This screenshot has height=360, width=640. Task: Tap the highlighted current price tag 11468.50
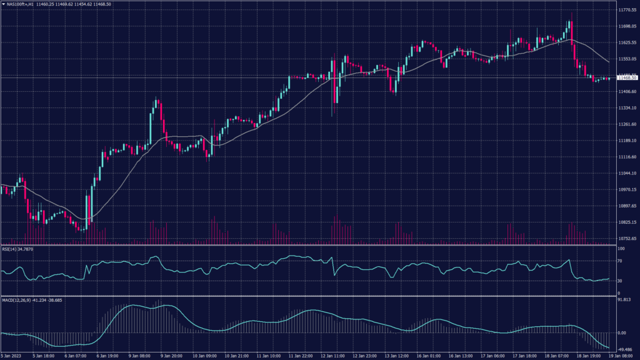point(626,77)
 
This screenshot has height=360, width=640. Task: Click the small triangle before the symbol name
point(2,4)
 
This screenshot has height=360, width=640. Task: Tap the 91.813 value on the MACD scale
point(623,300)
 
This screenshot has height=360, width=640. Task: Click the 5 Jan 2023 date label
point(11,355)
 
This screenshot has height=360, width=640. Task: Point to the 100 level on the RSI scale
point(621,248)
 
